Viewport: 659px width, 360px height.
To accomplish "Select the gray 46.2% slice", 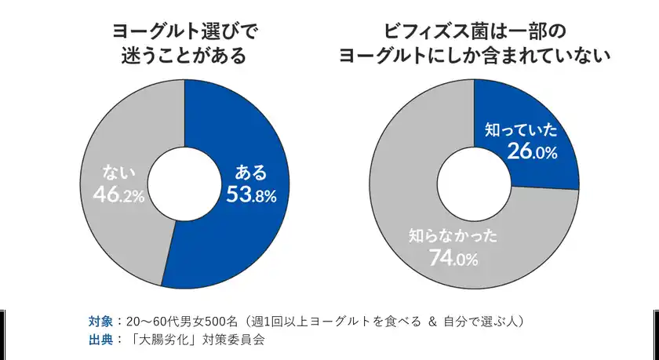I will click(x=118, y=227).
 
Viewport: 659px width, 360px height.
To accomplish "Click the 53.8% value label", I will click(x=251, y=195).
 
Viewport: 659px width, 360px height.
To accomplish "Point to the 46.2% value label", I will click(x=118, y=195).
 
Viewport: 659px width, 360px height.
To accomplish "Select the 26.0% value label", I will click(x=531, y=152).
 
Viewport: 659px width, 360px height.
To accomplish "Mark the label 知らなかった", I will click(x=453, y=235).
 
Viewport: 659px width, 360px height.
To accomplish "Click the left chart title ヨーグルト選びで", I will click(x=184, y=31).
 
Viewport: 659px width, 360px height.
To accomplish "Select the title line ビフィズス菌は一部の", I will click(x=474, y=31).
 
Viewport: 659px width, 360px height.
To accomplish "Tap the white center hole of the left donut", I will click(x=184, y=184).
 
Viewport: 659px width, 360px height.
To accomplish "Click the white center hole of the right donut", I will click(x=474, y=184).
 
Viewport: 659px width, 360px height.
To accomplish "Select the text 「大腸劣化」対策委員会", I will click(x=198, y=340).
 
